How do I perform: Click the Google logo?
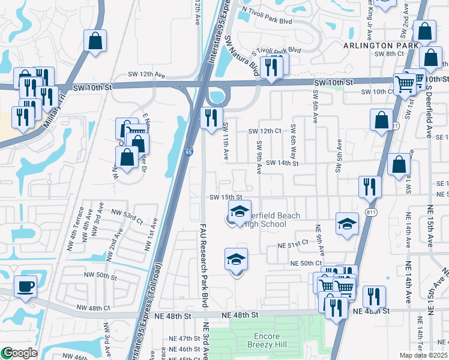point(19,353)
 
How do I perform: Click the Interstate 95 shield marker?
point(188,154)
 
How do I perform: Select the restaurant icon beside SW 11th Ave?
point(211,118)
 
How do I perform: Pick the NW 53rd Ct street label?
point(130,217)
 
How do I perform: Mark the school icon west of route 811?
point(347,224)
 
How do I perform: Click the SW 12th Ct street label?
point(265,131)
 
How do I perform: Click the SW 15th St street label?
point(225,197)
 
